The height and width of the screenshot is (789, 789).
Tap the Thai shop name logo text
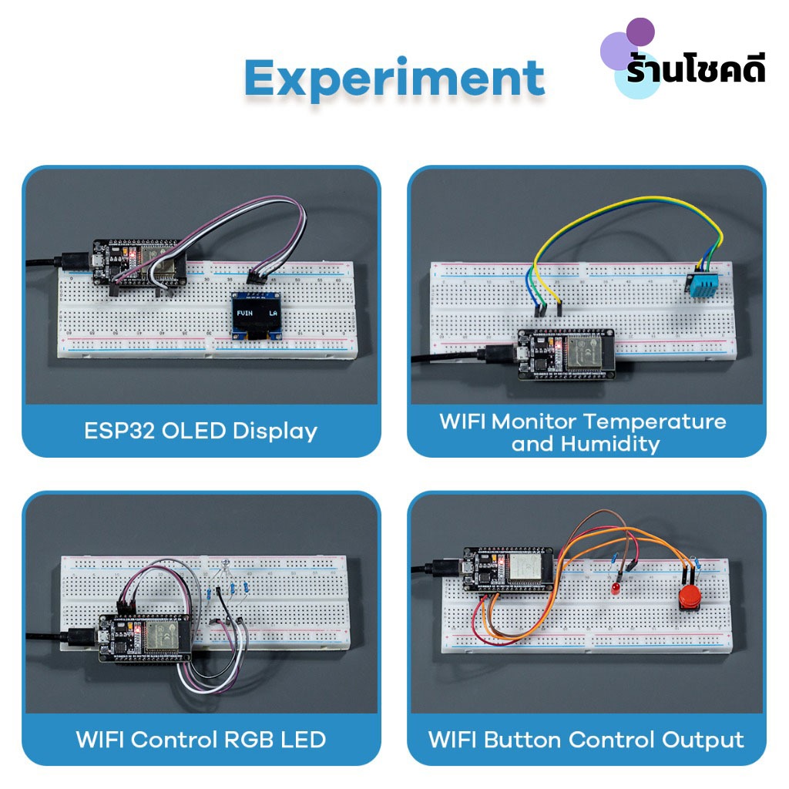click(x=696, y=71)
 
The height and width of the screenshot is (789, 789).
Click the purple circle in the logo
click(x=640, y=32)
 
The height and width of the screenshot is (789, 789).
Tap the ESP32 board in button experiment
click(x=508, y=569)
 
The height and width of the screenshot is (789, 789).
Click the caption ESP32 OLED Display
click(x=200, y=431)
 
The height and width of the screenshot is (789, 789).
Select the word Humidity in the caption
click(x=610, y=444)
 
